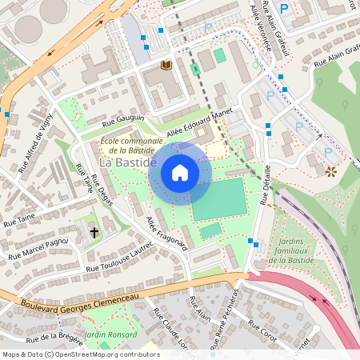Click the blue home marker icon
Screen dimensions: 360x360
click(x=180, y=173)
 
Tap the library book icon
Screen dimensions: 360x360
click(x=166, y=65)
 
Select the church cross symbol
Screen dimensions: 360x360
click(x=94, y=233)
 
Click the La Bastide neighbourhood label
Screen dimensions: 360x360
click(x=127, y=162)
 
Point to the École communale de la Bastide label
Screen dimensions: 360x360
click(x=132, y=145)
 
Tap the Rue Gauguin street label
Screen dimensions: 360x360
click(x=124, y=122)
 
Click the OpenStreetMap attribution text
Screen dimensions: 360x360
click(x=80, y=354)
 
